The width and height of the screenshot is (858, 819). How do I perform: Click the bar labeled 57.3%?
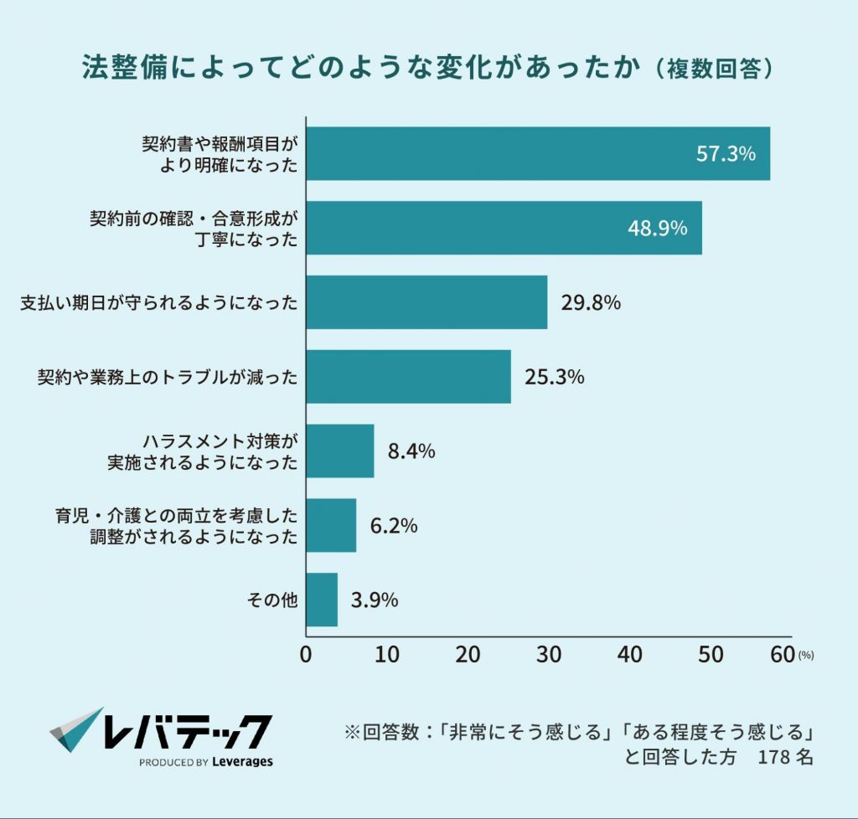[x=537, y=153]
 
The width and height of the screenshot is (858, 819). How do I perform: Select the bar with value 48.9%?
[x=504, y=228]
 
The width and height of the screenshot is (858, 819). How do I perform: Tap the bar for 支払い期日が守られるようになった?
[x=426, y=302]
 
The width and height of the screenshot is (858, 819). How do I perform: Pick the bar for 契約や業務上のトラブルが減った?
[x=408, y=377]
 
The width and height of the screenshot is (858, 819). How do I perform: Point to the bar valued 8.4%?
[x=340, y=451]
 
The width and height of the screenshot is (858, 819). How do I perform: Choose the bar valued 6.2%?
[x=331, y=526]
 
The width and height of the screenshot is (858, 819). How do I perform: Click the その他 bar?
[x=322, y=600]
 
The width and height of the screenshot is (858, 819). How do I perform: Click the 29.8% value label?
[x=591, y=303]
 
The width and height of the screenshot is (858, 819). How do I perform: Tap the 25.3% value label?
[x=554, y=378]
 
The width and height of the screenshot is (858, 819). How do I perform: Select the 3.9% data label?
[x=375, y=600]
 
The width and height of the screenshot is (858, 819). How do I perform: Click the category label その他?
[x=272, y=600]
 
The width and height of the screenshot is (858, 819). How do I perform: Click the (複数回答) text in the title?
[x=714, y=69]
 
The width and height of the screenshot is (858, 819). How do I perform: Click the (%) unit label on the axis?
[x=806, y=656]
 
